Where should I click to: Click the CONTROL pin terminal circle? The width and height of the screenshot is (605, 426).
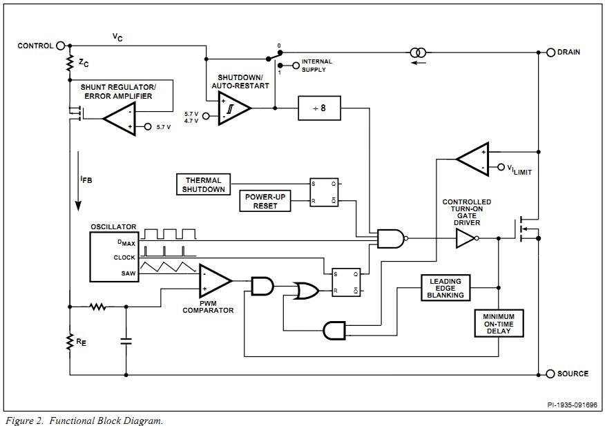[61, 46]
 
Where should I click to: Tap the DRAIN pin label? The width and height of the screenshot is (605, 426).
[568, 52]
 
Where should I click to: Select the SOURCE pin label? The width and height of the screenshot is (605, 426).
[573, 374]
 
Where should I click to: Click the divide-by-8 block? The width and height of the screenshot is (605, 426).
[319, 108]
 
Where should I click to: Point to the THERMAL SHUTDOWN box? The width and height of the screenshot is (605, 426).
[203, 184]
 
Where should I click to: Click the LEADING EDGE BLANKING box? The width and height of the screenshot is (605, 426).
[445, 287]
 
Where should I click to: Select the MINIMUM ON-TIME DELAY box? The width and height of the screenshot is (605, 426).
[499, 322]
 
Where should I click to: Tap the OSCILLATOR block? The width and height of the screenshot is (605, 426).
[114, 257]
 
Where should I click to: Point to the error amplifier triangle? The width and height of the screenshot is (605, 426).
[120, 119]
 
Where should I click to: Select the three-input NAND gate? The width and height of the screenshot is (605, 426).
[390, 239]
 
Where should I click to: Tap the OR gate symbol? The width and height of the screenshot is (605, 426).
[304, 290]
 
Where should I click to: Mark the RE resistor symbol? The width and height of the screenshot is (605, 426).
[70, 341]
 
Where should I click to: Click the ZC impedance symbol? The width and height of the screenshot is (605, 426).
[70, 63]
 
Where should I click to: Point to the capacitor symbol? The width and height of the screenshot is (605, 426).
[126, 340]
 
